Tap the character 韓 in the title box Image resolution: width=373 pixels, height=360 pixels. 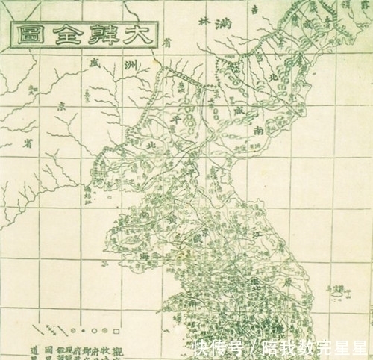pyautogui.click(x=103, y=34)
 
